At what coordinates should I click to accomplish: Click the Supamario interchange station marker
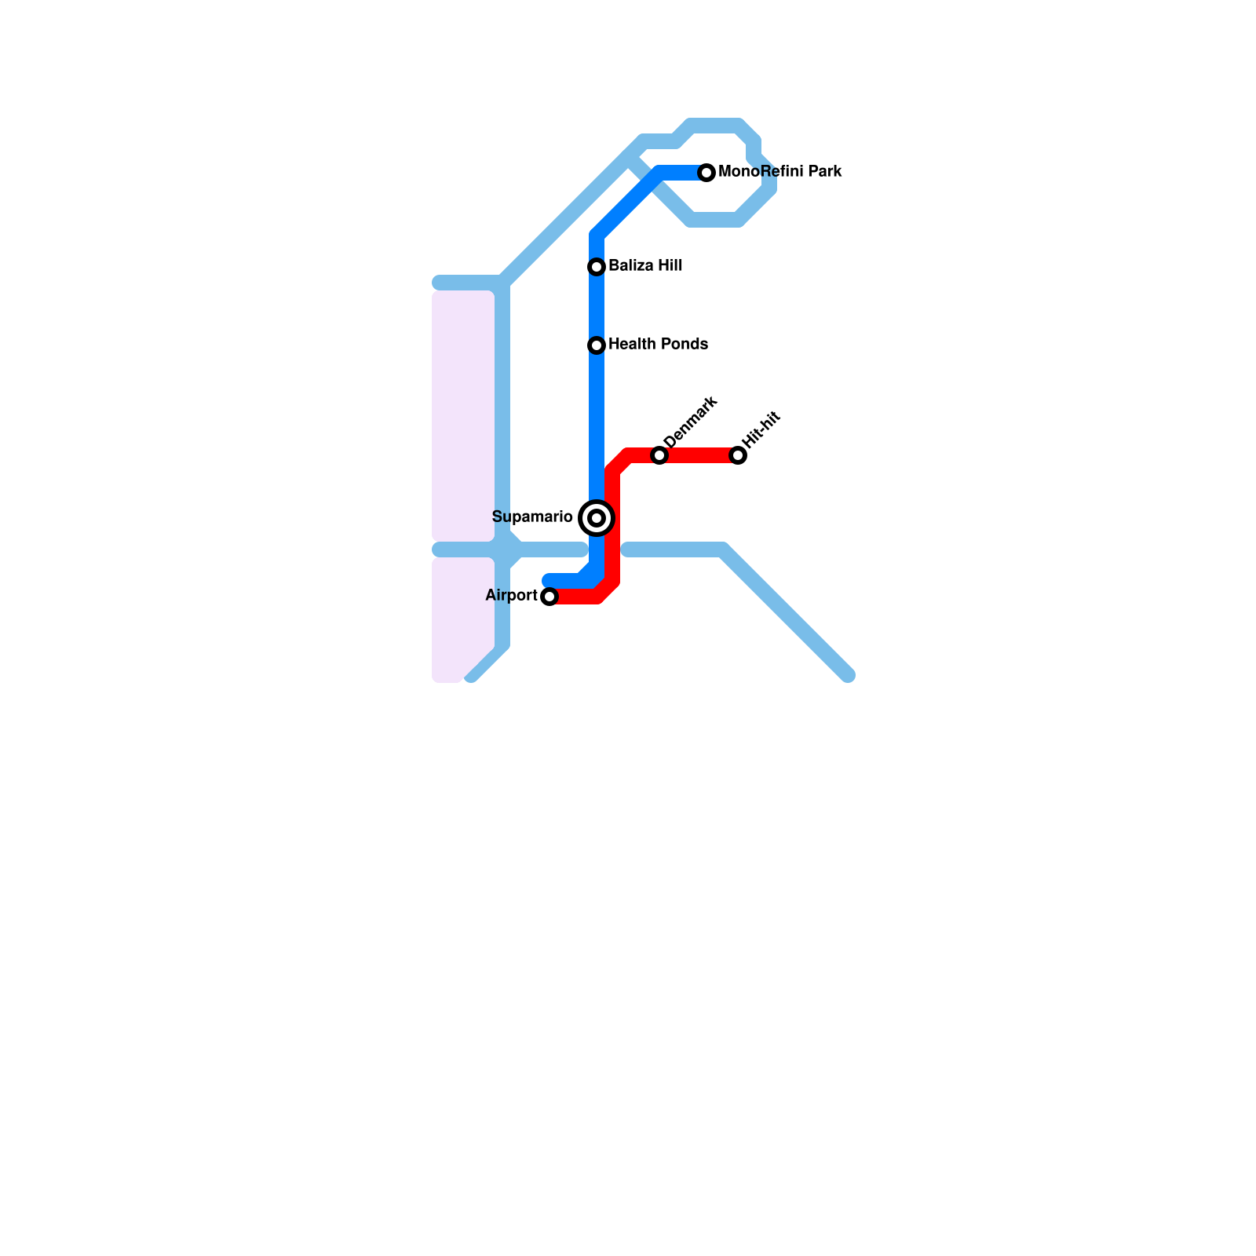597,518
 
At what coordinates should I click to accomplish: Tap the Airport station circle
549,597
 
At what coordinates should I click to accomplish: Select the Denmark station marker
659,456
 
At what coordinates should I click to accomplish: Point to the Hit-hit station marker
738,456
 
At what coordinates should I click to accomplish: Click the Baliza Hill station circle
597,267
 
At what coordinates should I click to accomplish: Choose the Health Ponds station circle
597,345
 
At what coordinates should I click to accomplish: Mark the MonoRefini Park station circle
706,173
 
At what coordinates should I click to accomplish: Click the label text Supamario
531,517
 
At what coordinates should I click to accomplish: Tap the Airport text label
511,595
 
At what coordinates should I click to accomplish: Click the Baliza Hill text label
645,265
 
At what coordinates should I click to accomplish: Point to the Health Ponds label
658,344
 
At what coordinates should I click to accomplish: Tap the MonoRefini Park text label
780,171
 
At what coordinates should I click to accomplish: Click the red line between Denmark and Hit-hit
699,456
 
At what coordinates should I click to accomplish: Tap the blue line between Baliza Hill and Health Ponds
597,306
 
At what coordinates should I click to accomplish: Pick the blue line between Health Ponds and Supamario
597,424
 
